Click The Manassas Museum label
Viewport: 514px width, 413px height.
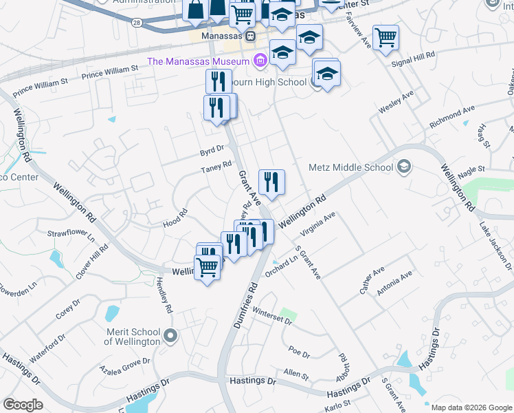199,61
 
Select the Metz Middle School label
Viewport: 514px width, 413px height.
350,167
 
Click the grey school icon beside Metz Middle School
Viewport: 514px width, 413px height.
404,167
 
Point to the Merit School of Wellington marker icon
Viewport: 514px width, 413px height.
171,337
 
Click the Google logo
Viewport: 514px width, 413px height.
23,404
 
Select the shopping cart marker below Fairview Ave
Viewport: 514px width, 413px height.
385,38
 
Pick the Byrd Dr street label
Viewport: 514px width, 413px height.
212,149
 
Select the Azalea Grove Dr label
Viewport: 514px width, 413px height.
125,362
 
